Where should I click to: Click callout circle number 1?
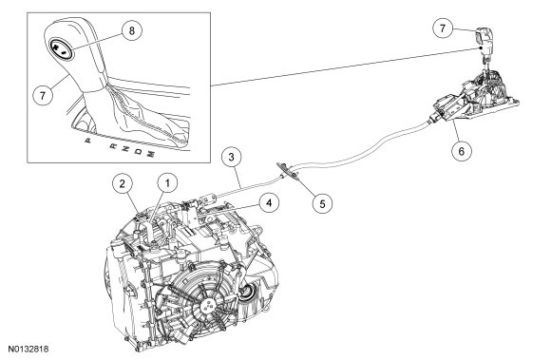click(x=167, y=183)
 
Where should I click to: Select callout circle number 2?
click(x=123, y=183)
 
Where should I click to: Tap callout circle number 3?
click(x=231, y=157)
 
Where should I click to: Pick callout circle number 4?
click(x=269, y=203)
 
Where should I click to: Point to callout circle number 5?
click(x=323, y=203)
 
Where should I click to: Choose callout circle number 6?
click(x=462, y=151)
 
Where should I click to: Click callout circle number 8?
click(x=131, y=30)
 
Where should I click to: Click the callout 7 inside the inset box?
click(x=43, y=95)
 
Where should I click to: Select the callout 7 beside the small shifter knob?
click(x=443, y=28)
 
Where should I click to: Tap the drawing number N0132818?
click(x=28, y=350)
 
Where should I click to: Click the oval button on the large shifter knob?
click(x=61, y=49)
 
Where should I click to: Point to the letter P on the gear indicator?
click(x=87, y=141)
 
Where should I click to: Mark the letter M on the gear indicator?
click(x=150, y=154)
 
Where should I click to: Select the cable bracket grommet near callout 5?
click(x=289, y=171)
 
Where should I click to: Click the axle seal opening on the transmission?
click(x=246, y=292)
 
